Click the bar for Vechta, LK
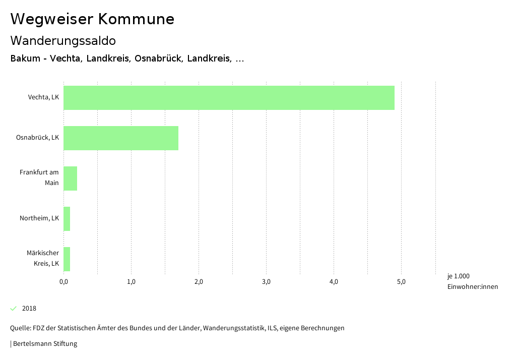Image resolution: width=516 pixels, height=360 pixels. [x=229, y=98]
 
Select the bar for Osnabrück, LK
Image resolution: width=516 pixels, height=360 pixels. [x=121, y=138]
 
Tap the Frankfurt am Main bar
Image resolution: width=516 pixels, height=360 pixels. [x=71, y=178]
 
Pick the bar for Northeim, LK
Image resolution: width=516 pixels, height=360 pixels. [x=67, y=219]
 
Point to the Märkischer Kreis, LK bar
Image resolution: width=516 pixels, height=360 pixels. [x=67, y=259]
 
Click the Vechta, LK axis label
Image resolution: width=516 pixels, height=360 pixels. [x=43, y=97]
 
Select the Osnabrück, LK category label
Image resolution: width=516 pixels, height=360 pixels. [x=37, y=138]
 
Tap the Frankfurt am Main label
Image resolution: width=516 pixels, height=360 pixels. [x=39, y=177]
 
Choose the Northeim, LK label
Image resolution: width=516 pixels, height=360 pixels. [x=39, y=218]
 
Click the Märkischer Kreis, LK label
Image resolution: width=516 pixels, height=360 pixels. [x=43, y=258]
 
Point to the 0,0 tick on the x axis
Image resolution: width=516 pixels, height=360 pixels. [x=63, y=282]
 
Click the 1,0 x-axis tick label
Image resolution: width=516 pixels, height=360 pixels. [x=131, y=282]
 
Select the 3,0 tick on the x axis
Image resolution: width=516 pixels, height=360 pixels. [x=266, y=282]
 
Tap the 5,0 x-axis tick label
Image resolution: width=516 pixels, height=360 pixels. [x=401, y=282]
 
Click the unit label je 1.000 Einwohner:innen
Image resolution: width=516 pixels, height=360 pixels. [x=472, y=281]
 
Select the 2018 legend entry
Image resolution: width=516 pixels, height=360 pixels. [x=29, y=309]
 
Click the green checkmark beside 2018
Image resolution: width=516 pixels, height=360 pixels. [x=14, y=309]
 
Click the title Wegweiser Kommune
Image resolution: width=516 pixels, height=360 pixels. [x=92, y=19]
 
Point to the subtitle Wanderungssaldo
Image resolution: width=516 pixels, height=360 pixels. [x=63, y=40]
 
